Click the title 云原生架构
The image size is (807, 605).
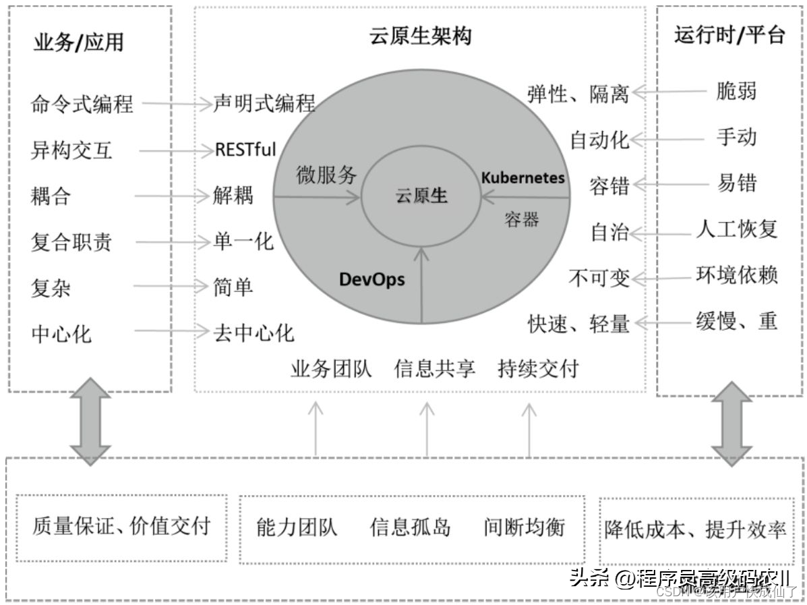[x=420, y=36]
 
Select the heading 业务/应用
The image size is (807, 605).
[x=78, y=42]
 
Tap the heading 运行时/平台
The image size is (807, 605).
[x=729, y=35]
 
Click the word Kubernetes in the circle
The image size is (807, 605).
[x=522, y=178]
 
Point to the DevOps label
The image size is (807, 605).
[x=371, y=279]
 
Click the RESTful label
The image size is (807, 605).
[x=245, y=149]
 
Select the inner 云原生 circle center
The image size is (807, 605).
[x=421, y=196]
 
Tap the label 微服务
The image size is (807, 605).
[x=327, y=175]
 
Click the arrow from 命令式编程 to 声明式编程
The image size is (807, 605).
[x=177, y=104]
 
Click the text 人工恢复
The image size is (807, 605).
[x=736, y=229]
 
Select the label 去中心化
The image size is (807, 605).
[x=253, y=333]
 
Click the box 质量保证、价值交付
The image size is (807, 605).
[x=121, y=527]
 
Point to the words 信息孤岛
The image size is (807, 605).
[x=410, y=527]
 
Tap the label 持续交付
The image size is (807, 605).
[x=538, y=369]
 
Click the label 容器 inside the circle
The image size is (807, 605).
[x=521, y=220]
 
